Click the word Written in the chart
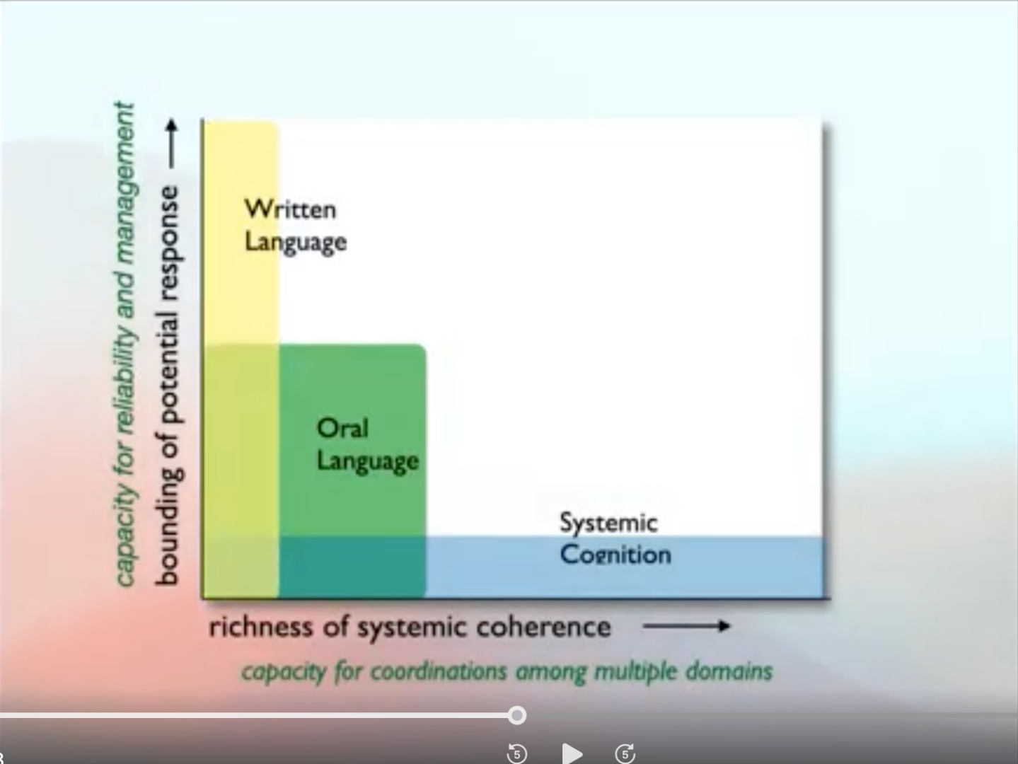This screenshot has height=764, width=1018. pyautogui.click(x=290, y=209)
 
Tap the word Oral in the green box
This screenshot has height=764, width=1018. pyautogui.click(x=342, y=428)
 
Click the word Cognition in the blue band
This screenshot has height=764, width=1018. pyautogui.click(x=615, y=555)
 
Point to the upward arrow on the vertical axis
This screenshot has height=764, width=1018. pyautogui.click(x=172, y=144)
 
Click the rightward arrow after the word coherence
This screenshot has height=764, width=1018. pyautogui.click(x=686, y=626)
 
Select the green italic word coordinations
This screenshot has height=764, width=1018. pyautogui.click(x=439, y=672)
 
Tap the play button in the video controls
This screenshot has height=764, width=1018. pyautogui.click(x=572, y=753)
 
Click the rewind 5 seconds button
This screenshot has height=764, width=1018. pyautogui.click(x=516, y=753)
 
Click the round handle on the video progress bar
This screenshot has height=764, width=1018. pyautogui.click(x=516, y=715)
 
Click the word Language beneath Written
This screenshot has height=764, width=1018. pyautogui.click(x=296, y=243)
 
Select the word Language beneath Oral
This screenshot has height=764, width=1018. pyautogui.click(x=368, y=461)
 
